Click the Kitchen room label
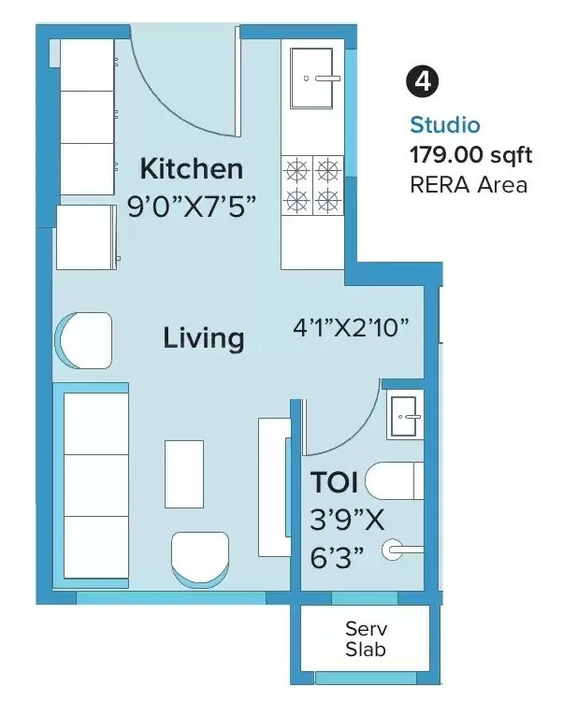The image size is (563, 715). click(x=191, y=169)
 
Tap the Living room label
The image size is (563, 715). click(x=204, y=337)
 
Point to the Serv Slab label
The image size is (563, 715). click(x=365, y=638)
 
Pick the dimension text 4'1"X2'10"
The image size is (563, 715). click(x=352, y=329)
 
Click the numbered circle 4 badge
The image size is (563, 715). click(x=423, y=81)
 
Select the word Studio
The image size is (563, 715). click(x=444, y=124)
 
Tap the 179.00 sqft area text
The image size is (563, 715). click(x=469, y=154)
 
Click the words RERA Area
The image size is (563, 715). click(x=469, y=184)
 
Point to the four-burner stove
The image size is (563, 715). click(x=311, y=184)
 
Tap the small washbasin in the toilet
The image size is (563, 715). click(x=406, y=411)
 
